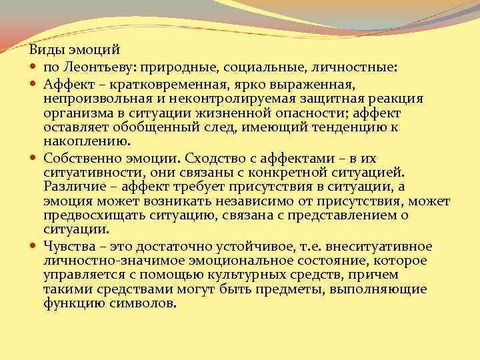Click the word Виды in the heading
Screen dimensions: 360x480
pos(43,50)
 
